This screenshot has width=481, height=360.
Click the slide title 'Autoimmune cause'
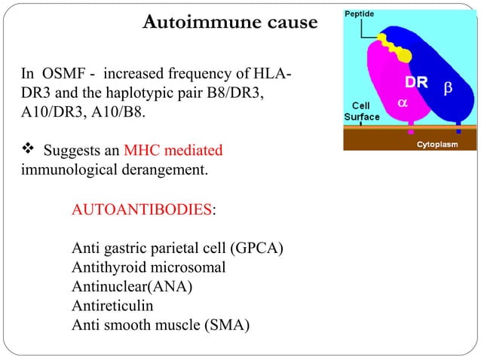point(230,23)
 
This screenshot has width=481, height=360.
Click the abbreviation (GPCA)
point(259,249)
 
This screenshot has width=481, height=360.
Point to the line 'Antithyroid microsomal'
point(149,267)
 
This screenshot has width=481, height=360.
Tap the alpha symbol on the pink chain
point(402,102)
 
